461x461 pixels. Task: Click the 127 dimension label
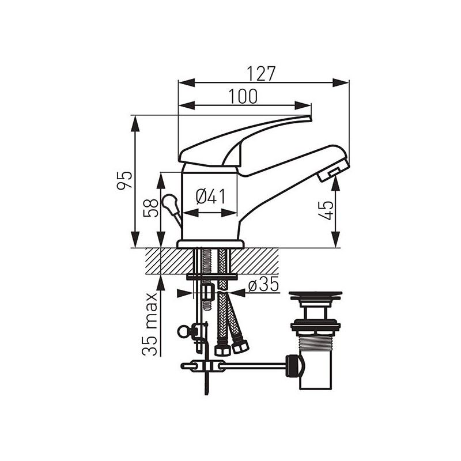pos(261,74)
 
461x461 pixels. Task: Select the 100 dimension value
pos(243,96)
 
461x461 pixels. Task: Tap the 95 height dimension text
pos(124,180)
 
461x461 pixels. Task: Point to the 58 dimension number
pos(151,207)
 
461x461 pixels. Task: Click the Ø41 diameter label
pos(210,197)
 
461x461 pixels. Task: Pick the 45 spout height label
pos(326,210)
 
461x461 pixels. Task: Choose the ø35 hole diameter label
pos(263,284)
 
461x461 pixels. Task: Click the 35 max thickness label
pos(150,324)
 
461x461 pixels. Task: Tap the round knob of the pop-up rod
pos(168,202)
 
